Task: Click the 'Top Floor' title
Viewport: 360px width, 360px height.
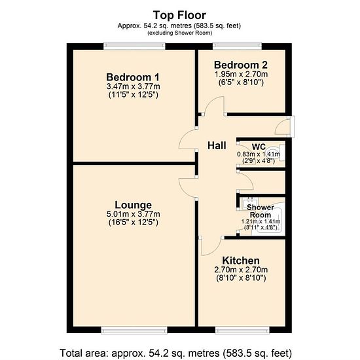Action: point(179,16)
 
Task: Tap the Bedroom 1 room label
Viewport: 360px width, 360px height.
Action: point(133,77)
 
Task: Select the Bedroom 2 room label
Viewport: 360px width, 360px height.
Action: point(241,65)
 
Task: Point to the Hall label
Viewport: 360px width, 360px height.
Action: point(217,145)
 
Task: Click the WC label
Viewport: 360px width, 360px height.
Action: point(259,147)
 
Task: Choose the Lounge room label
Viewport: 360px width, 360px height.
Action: point(133,205)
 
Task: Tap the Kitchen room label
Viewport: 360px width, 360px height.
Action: point(241,261)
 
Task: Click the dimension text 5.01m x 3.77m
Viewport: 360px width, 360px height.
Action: point(133,214)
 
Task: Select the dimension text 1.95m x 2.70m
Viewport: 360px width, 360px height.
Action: point(241,74)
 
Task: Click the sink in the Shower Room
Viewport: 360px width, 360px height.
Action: point(247,203)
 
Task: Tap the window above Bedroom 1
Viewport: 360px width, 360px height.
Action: point(134,46)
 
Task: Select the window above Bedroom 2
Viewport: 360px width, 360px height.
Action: point(237,46)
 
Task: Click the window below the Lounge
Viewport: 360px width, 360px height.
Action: point(134,330)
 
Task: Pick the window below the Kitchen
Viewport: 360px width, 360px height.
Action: point(242,330)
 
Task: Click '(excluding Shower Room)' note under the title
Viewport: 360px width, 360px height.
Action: point(179,33)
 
